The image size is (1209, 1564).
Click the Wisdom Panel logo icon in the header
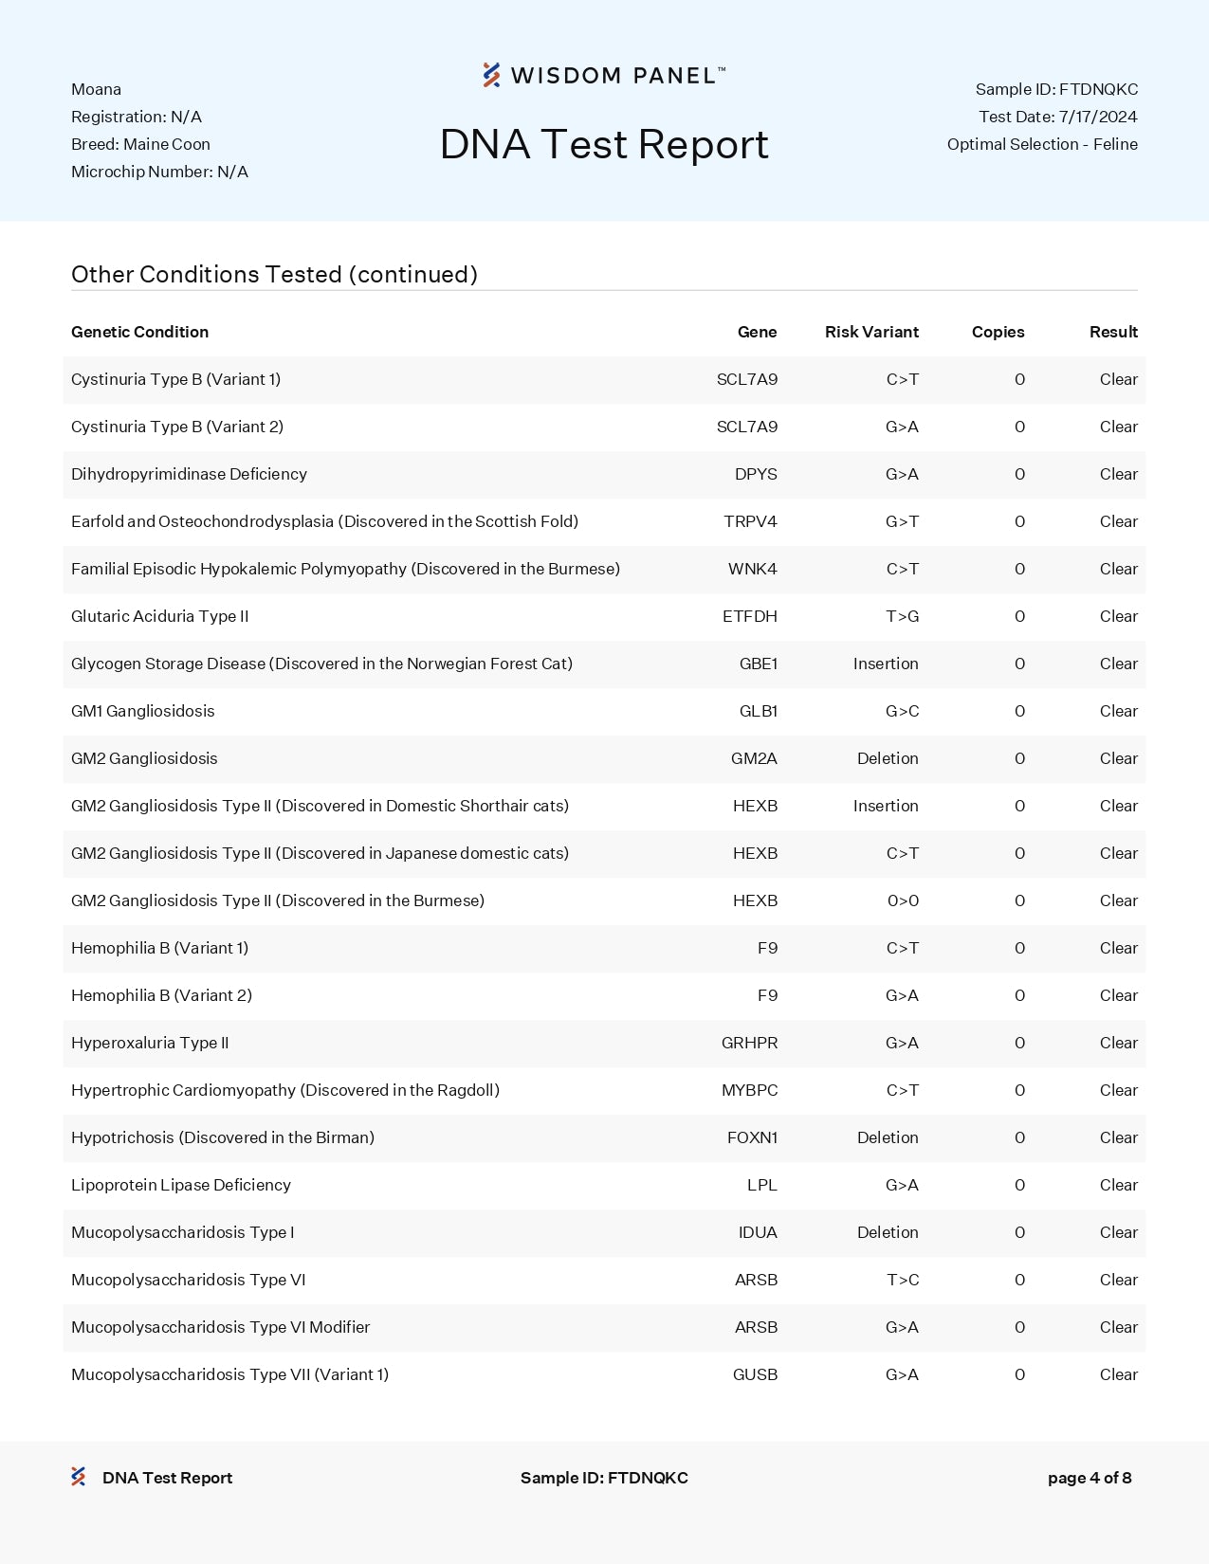pyautogui.click(x=491, y=75)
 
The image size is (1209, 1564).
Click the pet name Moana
pyautogui.click(x=96, y=89)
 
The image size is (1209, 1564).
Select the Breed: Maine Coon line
pyautogui.click(x=140, y=144)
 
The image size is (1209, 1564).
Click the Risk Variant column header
pyautogui.click(x=871, y=332)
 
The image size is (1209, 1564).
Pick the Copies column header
pyautogui.click(x=998, y=332)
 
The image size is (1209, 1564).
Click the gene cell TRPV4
pyautogui.click(x=750, y=521)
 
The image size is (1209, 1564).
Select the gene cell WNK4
pyautogui.click(x=752, y=569)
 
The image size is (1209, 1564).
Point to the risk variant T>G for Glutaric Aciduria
pyautogui.click(x=902, y=616)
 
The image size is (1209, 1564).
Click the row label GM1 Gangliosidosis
pyautogui.click(x=143, y=711)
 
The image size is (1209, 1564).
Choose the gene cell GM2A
pyautogui.click(x=754, y=758)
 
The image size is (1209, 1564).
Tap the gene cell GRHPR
pyautogui.click(x=749, y=1043)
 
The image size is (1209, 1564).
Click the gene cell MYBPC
pyautogui.click(x=749, y=1090)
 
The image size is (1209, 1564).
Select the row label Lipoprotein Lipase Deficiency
pyautogui.click(x=181, y=1185)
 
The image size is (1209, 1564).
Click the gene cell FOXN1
pyautogui.click(x=752, y=1137)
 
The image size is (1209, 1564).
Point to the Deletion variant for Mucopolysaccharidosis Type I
pyautogui.click(x=888, y=1232)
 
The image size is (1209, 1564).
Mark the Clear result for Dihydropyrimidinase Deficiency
pyautogui.click(x=1118, y=474)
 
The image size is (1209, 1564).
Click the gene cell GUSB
pyautogui.click(x=755, y=1374)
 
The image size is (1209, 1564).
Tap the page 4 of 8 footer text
pyautogui.click(x=1089, y=1478)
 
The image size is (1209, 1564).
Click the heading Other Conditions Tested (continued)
pyautogui.click(x=274, y=274)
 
